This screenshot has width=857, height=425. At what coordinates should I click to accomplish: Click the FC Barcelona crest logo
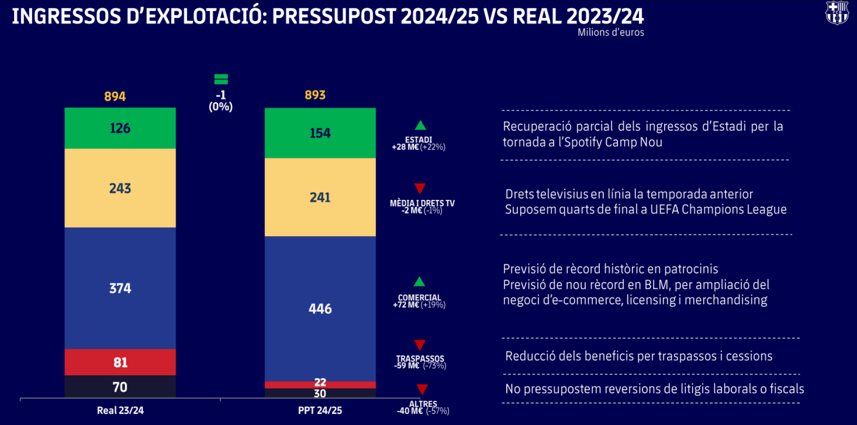tap(837, 13)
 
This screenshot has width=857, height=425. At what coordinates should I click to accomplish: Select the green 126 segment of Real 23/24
tap(120, 128)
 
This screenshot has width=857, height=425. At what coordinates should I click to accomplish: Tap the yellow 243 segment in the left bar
tap(120, 188)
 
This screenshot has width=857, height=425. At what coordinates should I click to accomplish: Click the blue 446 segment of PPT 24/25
tap(320, 308)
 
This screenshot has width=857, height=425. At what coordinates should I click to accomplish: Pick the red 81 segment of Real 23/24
tap(120, 362)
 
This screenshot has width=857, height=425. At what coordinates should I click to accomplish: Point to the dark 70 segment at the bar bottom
tap(120, 387)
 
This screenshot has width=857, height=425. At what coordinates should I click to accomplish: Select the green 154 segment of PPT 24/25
tap(320, 133)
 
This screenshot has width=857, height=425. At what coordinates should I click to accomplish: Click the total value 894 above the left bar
tap(115, 96)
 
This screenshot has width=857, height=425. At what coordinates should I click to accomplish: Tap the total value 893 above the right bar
tap(315, 95)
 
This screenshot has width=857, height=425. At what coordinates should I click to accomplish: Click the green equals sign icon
tap(221, 79)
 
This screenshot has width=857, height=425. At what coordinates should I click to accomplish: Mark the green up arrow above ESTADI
tap(420, 126)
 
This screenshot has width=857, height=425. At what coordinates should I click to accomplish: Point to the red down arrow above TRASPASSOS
tap(420, 345)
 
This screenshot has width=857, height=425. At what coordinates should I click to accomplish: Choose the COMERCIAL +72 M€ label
tap(419, 301)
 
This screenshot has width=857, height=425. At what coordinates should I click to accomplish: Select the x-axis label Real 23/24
tap(120, 410)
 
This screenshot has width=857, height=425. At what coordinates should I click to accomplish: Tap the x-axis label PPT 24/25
tap(320, 410)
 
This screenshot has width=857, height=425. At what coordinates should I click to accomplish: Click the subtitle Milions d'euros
tap(610, 32)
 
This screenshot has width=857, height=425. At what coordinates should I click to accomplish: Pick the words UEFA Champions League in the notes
tap(718, 209)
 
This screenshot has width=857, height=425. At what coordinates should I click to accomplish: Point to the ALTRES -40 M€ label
tap(423, 407)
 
